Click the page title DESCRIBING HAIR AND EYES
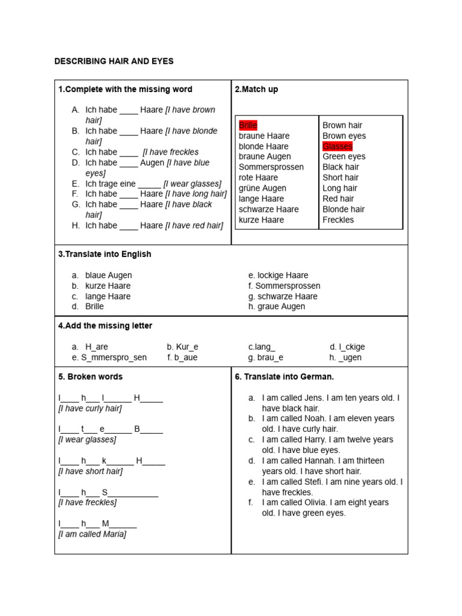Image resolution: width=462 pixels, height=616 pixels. pyautogui.click(x=114, y=61)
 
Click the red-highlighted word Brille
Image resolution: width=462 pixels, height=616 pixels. pyautogui.click(x=248, y=125)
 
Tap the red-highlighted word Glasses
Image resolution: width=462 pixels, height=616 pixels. pyautogui.click(x=337, y=146)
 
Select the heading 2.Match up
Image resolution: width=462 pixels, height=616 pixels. pyautogui.click(x=256, y=89)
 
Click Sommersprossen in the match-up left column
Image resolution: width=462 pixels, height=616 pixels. pyautogui.click(x=271, y=167)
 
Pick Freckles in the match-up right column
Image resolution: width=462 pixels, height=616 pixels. pyautogui.click(x=338, y=220)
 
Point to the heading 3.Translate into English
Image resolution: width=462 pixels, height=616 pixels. pyautogui.click(x=105, y=254)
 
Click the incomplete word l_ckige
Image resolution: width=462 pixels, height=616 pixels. pyautogui.click(x=351, y=347)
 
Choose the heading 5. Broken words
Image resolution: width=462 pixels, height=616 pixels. pyautogui.click(x=90, y=377)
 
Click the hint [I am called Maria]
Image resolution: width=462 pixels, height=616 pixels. pyautogui.click(x=92, y=534)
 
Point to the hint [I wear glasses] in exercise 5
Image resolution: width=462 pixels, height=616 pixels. pyautogui.click(x=87, y=439)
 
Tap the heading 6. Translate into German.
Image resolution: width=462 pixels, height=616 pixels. pyautogui.click(x=284, y=377)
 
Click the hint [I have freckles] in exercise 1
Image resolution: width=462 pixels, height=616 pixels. pyautogui.click(x=170, y=152)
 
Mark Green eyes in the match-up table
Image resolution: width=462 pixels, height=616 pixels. pyautogui.click(x=343, y=156)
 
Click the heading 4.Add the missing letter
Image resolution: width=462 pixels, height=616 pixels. pyautogui.click(x=105, y=325)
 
